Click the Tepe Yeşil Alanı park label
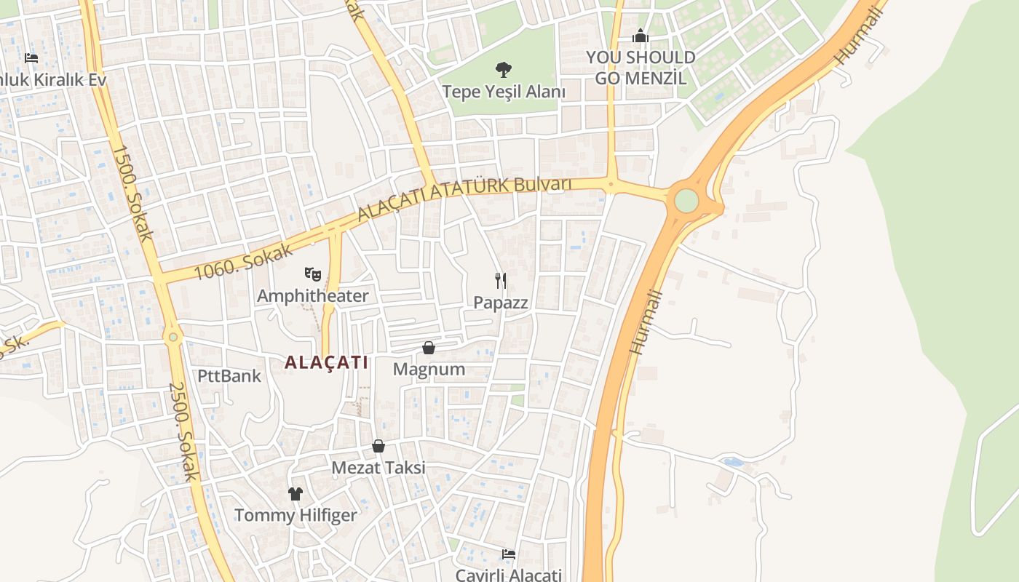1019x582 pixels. (504, 92)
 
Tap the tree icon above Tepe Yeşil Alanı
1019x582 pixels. (503, 70)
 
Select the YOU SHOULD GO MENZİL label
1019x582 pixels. (641, 67)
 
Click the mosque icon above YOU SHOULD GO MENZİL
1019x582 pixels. (641, 36)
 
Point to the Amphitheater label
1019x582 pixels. (313, 295)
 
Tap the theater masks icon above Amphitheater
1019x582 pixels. (313, 274)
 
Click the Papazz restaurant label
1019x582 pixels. (501, 302)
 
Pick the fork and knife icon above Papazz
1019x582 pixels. (501, 281)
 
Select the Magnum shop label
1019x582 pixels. (429, 369)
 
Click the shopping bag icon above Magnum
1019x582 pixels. (429, 348)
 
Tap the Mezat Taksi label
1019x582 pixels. (378, 467)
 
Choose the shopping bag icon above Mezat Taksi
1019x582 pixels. (378, 446)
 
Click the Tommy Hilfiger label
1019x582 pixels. (296, 515)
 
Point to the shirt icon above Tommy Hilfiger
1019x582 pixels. (295, 494)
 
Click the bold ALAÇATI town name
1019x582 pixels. (327, 362)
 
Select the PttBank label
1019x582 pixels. (229, 376)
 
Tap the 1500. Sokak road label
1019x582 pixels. (132, 192)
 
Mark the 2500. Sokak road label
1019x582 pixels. (184, 431)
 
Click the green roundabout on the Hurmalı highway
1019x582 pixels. (686, 201)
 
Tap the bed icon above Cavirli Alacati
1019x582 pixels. (509, 554)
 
